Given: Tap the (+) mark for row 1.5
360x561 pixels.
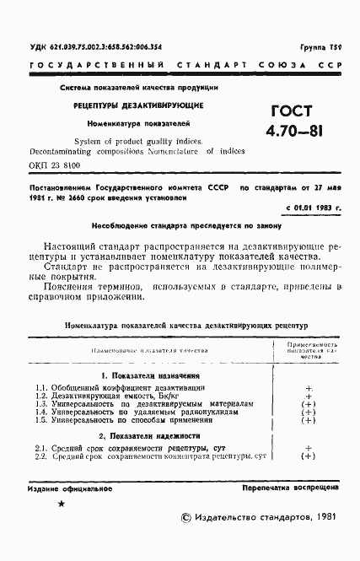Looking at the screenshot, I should pyautogui.click(x=309, y=419).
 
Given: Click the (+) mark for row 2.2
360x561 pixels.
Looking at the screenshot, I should pyautogui.click(x=309, y=456).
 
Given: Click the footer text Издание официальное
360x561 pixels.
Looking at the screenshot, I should pyautogui.click(x=65, y=489).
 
